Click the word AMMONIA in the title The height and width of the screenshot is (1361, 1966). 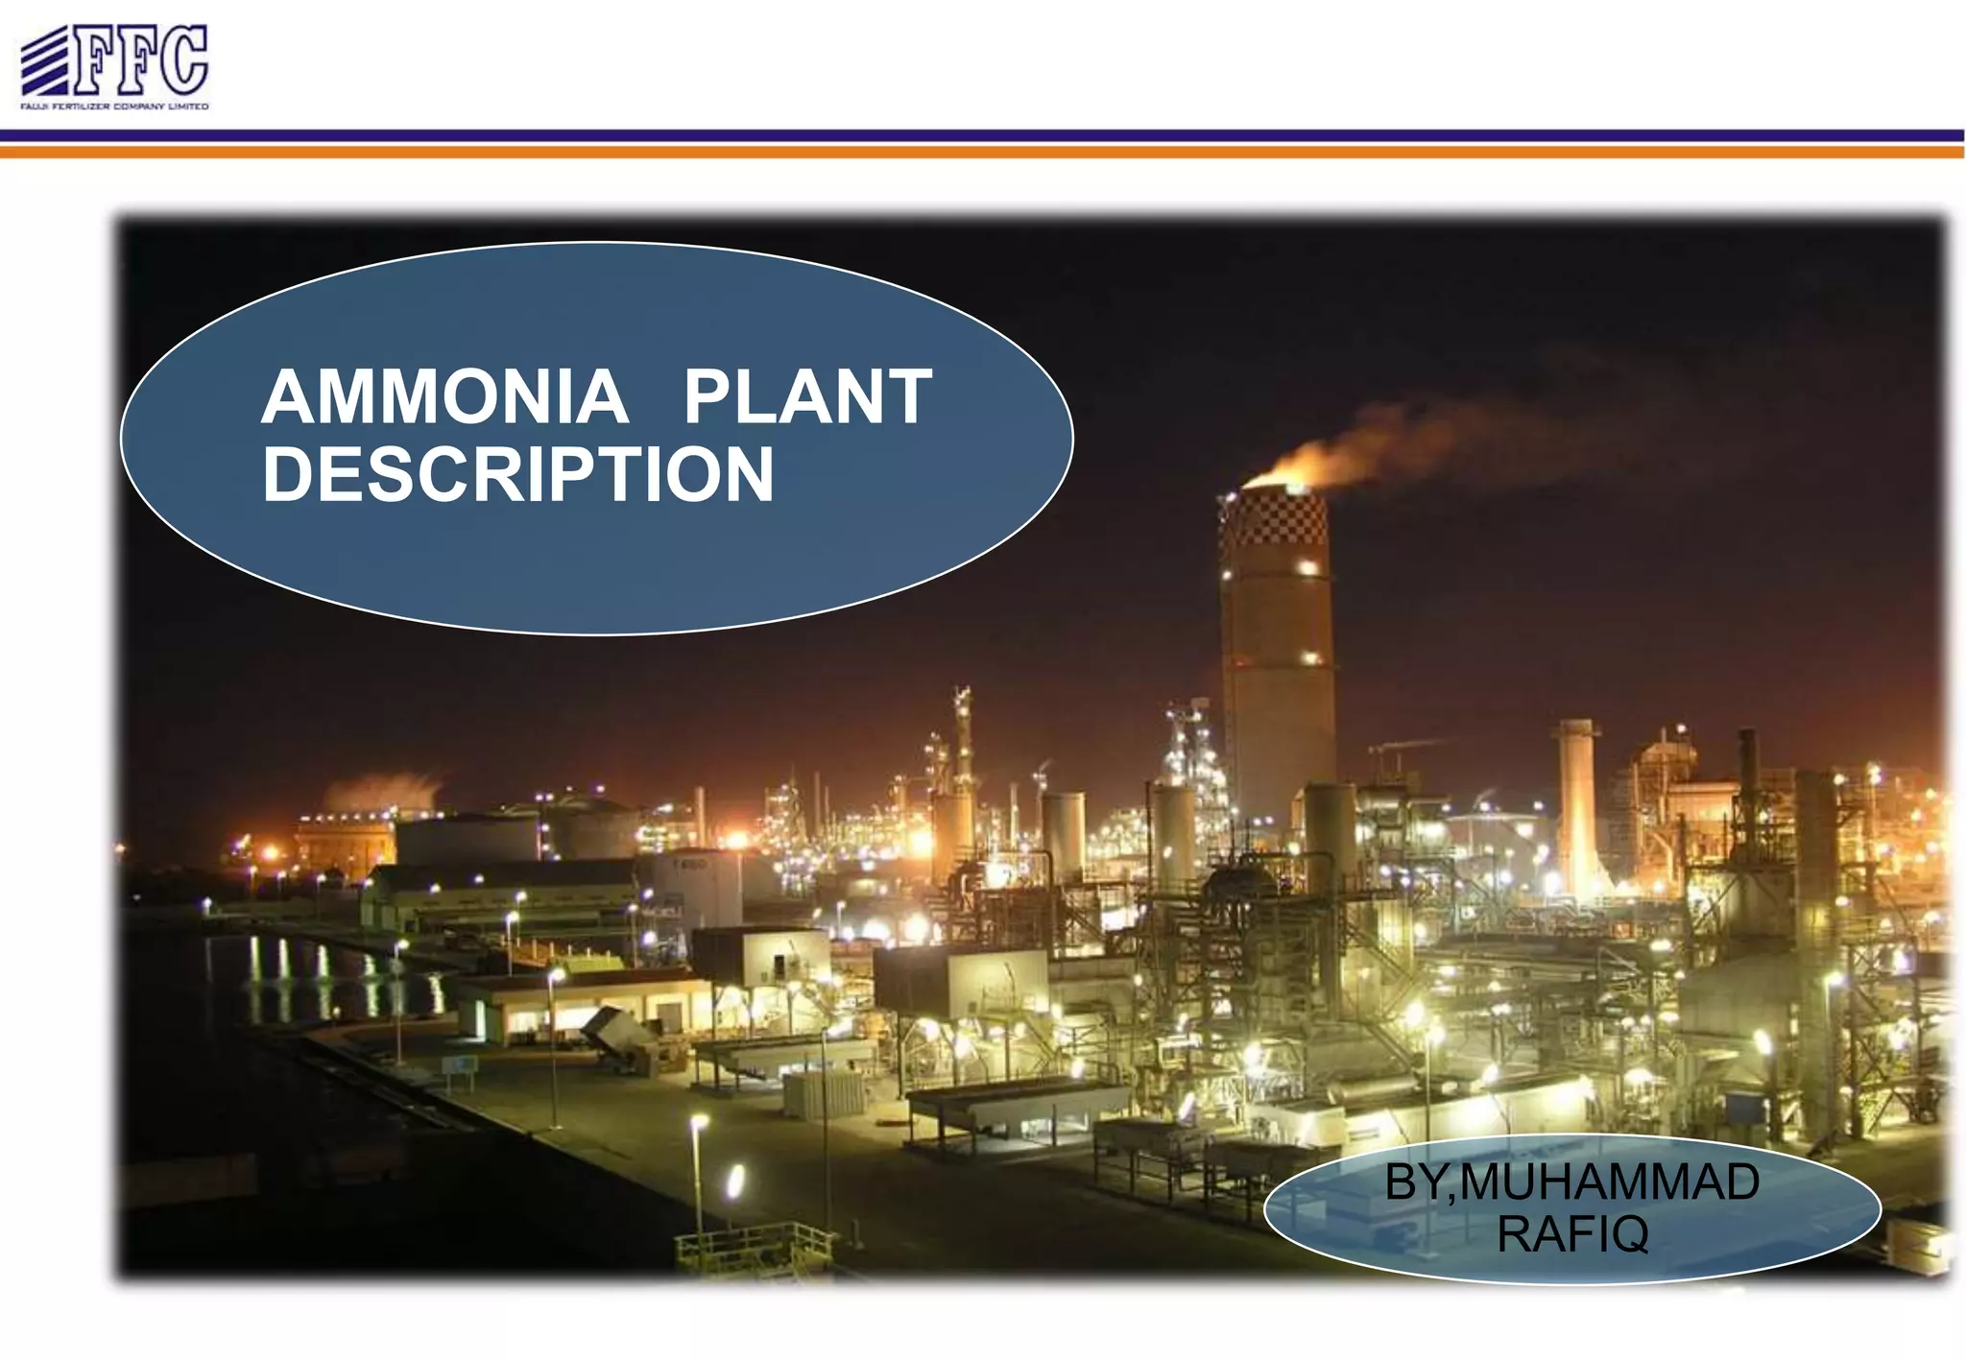point(444,397)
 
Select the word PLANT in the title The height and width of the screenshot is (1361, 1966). point(807,397)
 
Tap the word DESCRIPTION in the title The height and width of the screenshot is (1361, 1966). point(517,474)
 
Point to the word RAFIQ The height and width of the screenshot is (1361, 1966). point(1572,1234)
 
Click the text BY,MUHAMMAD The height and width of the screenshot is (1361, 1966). point(1572,1182)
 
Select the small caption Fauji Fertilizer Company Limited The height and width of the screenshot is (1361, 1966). point(114,107)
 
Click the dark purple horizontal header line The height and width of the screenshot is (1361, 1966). point(983,135)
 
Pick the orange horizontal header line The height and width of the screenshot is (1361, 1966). point(983,152)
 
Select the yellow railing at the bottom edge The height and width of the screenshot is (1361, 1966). point(754,1245)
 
